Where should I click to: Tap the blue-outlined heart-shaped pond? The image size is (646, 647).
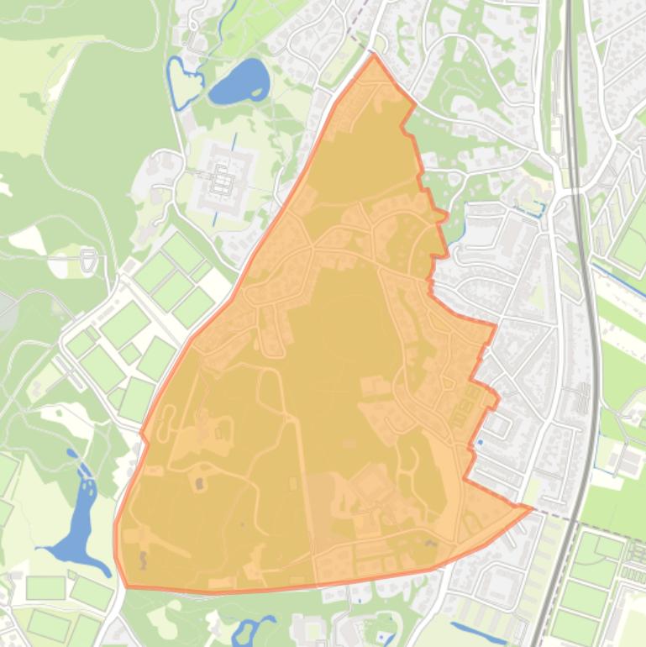pos(183,82)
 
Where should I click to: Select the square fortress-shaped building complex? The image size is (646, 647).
pos(221,179)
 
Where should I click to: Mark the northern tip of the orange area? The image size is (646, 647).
pos(374,55)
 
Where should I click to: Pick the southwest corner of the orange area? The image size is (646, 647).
pos(126,586)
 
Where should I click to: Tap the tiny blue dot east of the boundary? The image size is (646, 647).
pos(480,440)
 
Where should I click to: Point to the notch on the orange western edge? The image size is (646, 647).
pos(144,434)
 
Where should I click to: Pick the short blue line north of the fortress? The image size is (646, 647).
pos(234,140)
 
